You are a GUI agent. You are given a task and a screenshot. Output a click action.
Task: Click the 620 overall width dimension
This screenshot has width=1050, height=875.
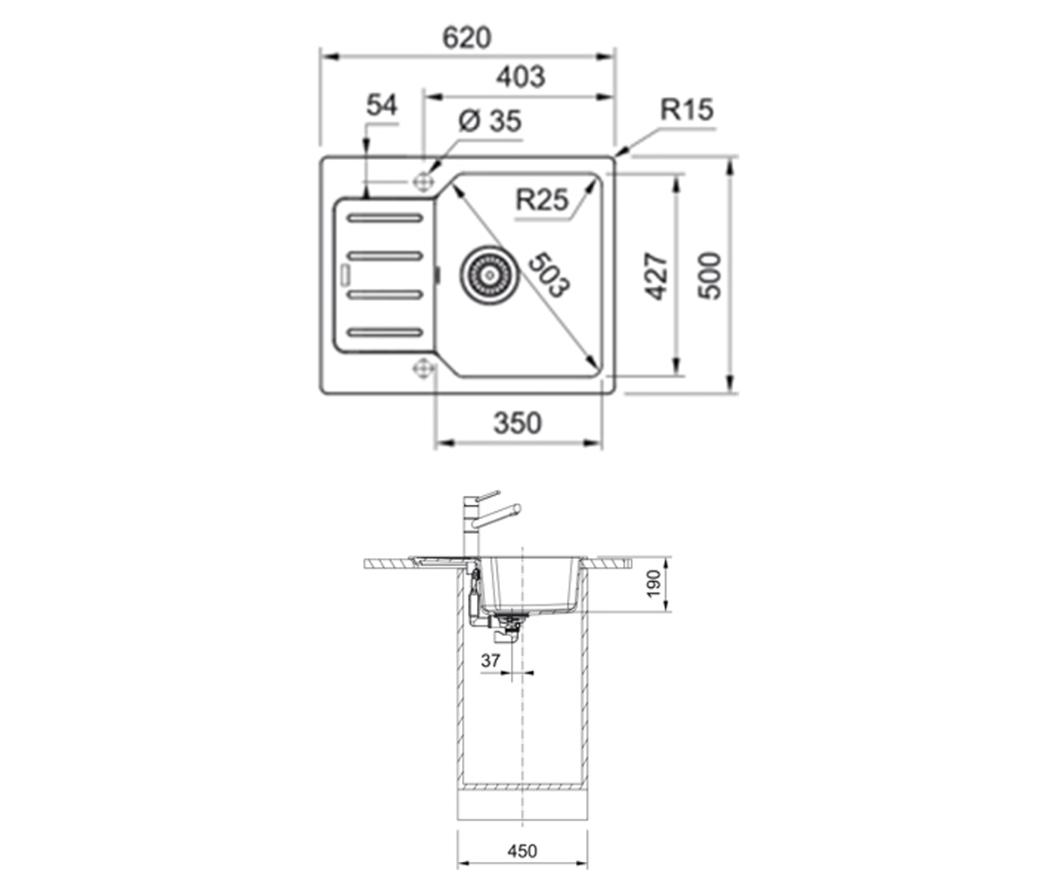466,38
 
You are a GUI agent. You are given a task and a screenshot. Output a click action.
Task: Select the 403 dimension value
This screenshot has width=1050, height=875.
521,77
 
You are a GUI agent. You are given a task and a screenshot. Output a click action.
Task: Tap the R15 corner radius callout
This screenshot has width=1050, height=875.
687,109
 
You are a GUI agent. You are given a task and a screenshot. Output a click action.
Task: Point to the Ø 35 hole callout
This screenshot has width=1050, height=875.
490,121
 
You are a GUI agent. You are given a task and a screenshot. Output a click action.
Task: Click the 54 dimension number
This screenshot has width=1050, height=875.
381,105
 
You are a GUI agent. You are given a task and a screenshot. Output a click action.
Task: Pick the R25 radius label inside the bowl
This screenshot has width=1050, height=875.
542,199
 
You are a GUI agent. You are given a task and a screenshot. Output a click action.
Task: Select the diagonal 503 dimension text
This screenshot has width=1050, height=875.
549,275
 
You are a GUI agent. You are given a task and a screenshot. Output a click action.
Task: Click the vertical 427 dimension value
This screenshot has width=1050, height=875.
656,276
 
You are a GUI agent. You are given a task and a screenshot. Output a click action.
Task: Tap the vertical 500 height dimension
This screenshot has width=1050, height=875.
710,276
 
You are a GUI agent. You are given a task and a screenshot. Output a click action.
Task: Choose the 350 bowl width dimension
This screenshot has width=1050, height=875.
517,423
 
